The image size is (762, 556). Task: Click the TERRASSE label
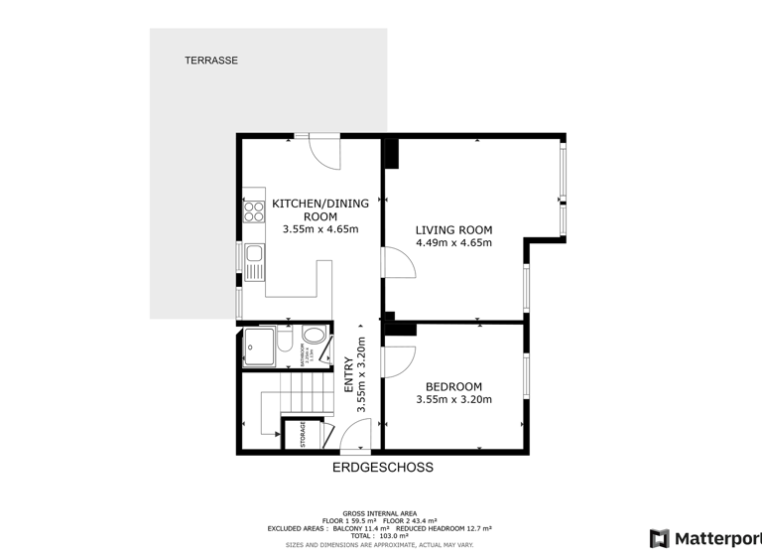tap(211, 61)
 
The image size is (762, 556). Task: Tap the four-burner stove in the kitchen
tap(253, 210)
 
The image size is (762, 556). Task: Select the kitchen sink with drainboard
tap(254, 261)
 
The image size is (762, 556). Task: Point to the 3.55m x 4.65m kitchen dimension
tap(319, 229)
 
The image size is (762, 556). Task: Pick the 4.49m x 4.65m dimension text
tap(453, 242)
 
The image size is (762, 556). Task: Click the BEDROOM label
tap(453, 387)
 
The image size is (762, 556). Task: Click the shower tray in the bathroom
tap(260, 347)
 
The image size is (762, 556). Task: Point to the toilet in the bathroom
tap(285, 346)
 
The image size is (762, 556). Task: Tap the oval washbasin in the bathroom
tap(315, 336)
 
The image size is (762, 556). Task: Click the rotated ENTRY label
tap(348, 377)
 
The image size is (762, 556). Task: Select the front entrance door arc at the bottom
tap(355, 434)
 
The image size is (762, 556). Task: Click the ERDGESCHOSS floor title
tap(383, 467)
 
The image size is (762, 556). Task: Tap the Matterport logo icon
tap(659, 539)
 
